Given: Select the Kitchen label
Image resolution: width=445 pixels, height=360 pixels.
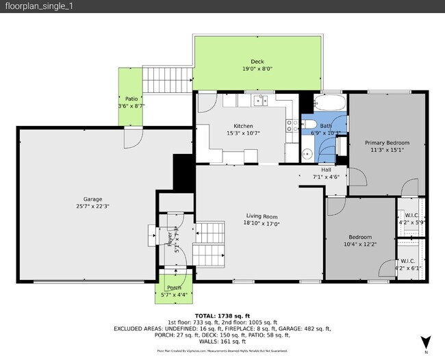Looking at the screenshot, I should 243,126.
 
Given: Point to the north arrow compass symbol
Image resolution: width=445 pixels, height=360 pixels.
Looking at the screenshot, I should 425,341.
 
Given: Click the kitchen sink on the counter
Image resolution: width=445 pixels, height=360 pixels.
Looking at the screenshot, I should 260,101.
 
